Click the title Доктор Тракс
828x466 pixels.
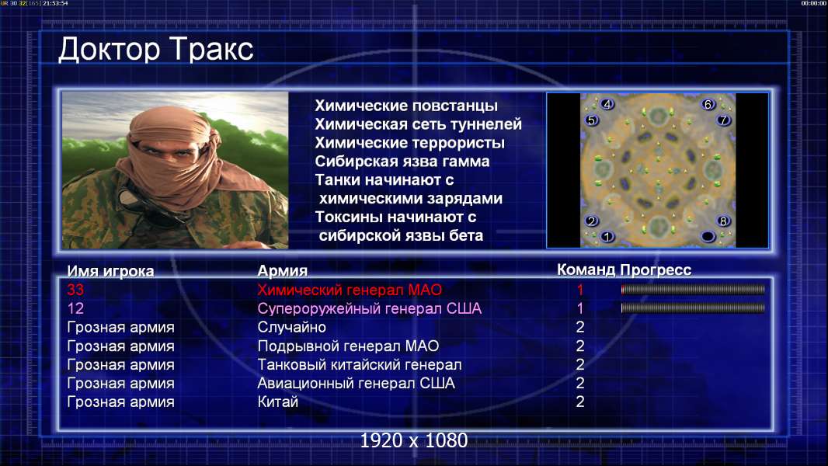(156, 50)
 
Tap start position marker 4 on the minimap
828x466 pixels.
(607, 105)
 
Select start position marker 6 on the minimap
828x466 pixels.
(708, 105)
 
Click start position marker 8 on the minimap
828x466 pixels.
(723, 221)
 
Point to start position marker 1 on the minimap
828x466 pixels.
(607, 236)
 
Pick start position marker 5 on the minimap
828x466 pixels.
(591, 120)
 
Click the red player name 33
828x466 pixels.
(75, 290)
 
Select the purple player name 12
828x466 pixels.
(75, 308)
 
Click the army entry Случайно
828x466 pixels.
(291, 327)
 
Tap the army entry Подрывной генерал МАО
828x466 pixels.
(348, 346)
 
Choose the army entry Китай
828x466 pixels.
(278, 402)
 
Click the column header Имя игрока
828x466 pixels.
(110, 271)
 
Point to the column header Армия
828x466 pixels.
(283, 271)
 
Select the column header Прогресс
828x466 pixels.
(656, 270)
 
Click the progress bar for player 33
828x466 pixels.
(693, 289)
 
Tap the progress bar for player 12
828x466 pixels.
(693, 308)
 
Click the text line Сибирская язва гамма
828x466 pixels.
(402, 162)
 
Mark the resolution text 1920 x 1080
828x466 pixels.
(414, 440)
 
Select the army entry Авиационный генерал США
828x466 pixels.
(356, 383)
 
